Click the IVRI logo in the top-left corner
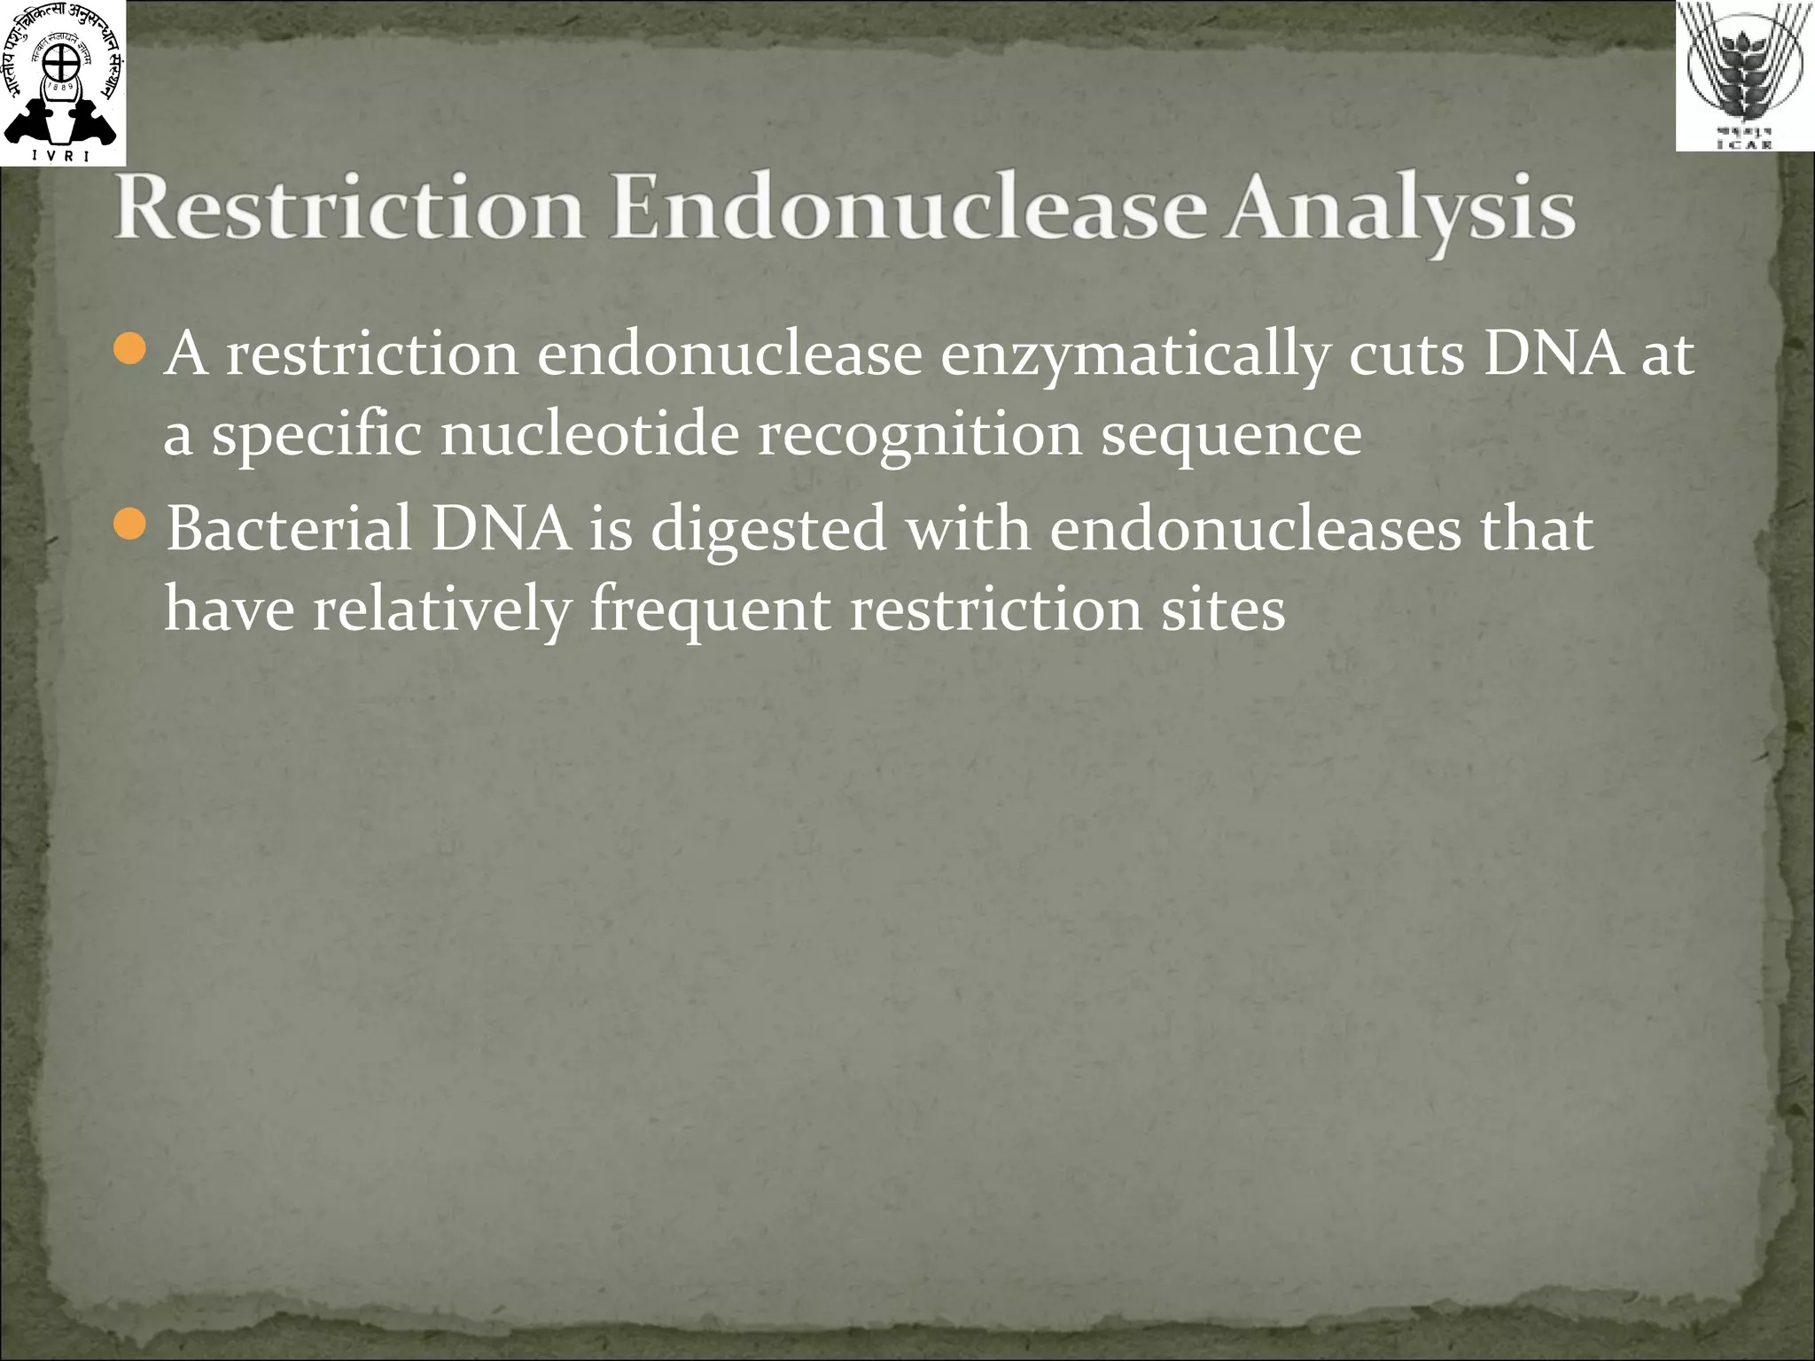62,82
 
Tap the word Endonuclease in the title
908,208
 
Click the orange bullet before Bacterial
130,525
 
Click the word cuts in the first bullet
1406,354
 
